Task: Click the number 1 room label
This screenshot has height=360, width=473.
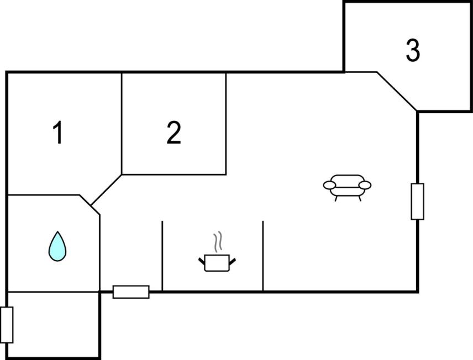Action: [58, 133]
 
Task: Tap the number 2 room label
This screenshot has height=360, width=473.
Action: [174, 133]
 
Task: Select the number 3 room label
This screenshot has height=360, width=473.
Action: [413, 50]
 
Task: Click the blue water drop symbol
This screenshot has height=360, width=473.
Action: [57, 246]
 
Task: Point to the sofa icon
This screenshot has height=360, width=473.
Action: [347, 188]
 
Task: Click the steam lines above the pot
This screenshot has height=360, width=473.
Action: [218, 241]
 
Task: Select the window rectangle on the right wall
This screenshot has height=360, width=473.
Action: [418, 202]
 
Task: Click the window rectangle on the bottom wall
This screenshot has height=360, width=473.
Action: [131, 292]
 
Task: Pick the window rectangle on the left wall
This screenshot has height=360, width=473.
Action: [7, 325]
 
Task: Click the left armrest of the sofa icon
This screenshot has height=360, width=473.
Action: [329, 185]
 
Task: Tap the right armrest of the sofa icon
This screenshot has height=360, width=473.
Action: [365, 185]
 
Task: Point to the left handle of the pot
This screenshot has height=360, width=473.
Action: [202, 261]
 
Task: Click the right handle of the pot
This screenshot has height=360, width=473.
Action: [232, 261]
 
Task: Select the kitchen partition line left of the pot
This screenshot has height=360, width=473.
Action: [162, 256]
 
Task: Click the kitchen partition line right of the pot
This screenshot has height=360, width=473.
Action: [262, 256]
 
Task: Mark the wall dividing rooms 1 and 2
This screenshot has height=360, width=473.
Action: [122, 124]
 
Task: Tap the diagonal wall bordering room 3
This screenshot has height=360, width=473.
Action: [397, 91]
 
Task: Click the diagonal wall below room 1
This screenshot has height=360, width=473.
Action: [106, 190]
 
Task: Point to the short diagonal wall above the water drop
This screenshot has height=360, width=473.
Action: [90, 205]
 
